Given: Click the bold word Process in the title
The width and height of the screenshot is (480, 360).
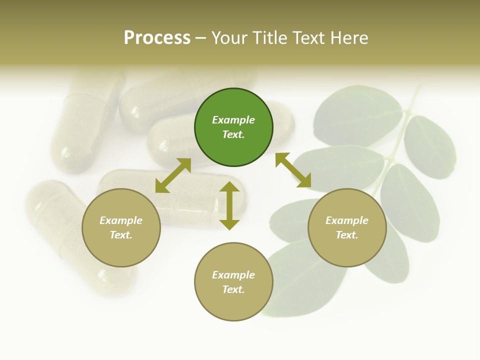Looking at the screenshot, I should point(157,37).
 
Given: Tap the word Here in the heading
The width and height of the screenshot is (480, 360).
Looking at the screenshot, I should point(349,37).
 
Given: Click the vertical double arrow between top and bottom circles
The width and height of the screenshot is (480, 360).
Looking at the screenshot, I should point(229,205).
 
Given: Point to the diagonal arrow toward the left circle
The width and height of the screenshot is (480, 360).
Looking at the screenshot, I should point(173,175).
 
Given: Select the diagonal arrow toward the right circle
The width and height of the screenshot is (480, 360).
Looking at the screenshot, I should point(293,170).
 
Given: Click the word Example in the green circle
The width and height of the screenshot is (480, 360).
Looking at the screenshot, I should point(233,120).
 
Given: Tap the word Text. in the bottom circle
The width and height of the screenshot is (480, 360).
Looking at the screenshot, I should point(233,289).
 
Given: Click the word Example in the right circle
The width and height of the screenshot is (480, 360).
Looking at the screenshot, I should point(347,220).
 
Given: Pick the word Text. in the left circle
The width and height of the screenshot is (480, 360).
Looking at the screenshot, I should point(121,235).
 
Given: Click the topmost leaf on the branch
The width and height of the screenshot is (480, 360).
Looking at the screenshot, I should point(357,112).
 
